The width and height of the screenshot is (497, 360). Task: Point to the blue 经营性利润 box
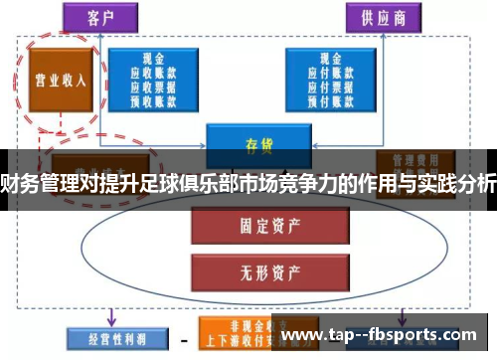[x=109, y=338]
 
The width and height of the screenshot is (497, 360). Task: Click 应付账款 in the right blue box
[x=329, y=74]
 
